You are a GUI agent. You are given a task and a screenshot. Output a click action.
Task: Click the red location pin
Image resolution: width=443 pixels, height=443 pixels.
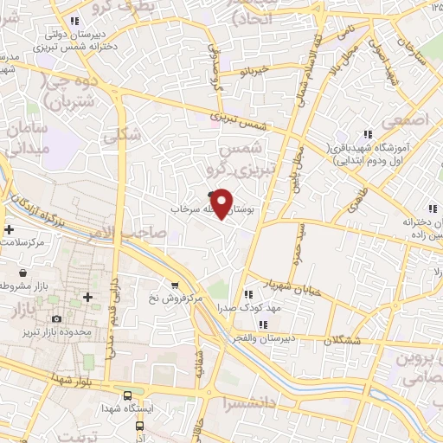click(222, 202)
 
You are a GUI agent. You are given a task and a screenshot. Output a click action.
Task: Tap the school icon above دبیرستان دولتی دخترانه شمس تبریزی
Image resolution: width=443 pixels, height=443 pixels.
click(75, 21)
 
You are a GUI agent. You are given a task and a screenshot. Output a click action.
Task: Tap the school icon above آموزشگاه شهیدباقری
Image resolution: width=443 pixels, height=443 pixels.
click(368, 134)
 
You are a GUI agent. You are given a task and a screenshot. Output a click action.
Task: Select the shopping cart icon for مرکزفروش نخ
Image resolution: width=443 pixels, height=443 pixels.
click(175, 285)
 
